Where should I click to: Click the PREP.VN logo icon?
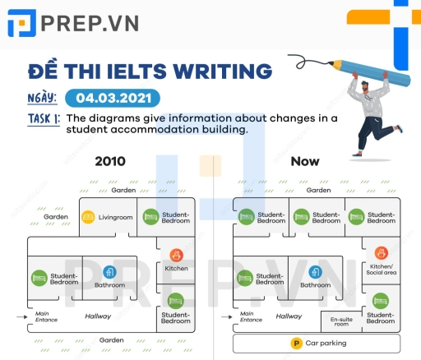click(21, 23)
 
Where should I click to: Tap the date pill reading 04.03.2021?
click(110, 98)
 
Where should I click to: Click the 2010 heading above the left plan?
click(110, 161)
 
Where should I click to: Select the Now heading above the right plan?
click(305, 161)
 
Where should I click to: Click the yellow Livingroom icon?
click(87, 218)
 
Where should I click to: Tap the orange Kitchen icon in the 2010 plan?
click(176, 255)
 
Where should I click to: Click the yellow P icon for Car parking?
click(295, 343)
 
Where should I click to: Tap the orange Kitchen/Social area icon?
click(380, 253)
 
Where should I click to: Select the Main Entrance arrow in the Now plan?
click(227, 315)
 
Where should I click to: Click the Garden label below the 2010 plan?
click(111, 339)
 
